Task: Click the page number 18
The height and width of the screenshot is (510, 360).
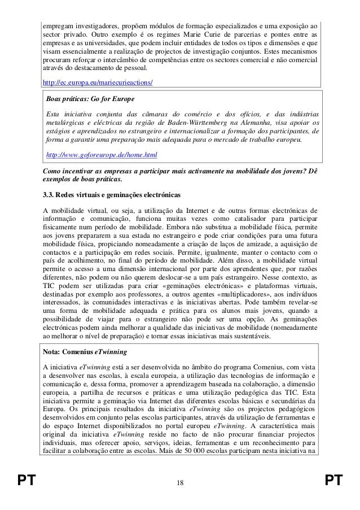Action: pos(179,481)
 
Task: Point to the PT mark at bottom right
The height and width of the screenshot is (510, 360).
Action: pos(334,481)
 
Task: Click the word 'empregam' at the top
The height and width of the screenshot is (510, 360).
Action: pos(59,27)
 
